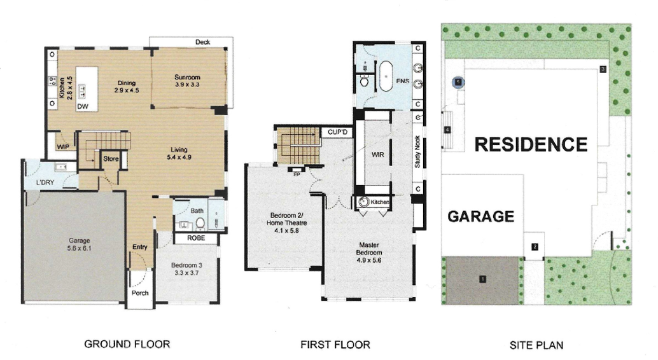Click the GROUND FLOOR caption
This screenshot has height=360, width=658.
click(127, 345)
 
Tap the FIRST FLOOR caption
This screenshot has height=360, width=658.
click(335, 345)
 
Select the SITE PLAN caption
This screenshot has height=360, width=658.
click(536, 345)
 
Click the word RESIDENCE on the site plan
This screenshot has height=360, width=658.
click(531, 145)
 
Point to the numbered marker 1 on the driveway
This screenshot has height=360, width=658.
click(482, 279)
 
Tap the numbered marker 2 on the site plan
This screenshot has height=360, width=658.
click(535, 247)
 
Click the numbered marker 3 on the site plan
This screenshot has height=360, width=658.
click(603, 69)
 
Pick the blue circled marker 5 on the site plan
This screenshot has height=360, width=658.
click(458, 82)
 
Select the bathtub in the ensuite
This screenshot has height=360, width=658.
click(386, 76)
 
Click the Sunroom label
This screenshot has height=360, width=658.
click(187, 77)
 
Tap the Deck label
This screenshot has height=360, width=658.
click(203, 42)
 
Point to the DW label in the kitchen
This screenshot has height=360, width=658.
click(83, 107)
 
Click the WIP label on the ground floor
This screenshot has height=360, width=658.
click(63, 147)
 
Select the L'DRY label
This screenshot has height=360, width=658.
click(45, 183)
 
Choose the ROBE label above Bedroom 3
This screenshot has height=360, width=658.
click(196, 238)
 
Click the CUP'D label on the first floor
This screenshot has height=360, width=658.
click(338, 132)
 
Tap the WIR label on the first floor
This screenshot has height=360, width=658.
click(377, 155)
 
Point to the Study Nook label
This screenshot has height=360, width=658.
click(417, 152)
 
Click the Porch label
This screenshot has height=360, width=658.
click(140, 293)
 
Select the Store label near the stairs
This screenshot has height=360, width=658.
click(111, 158)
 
